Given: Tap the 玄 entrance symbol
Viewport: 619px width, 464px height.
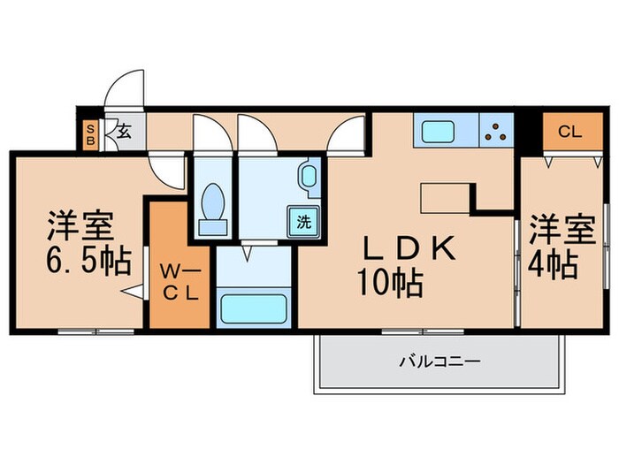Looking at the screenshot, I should click(124, 133).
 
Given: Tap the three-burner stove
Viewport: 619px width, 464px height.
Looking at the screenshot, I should click(497, 133).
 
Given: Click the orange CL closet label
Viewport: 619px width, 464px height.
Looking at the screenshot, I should click(569, 133).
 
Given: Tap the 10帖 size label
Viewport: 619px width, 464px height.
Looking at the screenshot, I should click(389, 284).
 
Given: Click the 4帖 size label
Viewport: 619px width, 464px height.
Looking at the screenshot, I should click(555, 263).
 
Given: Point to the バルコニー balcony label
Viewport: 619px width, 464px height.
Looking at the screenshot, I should click(439, 361).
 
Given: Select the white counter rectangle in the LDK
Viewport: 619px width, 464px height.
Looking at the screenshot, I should click(447, 197).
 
